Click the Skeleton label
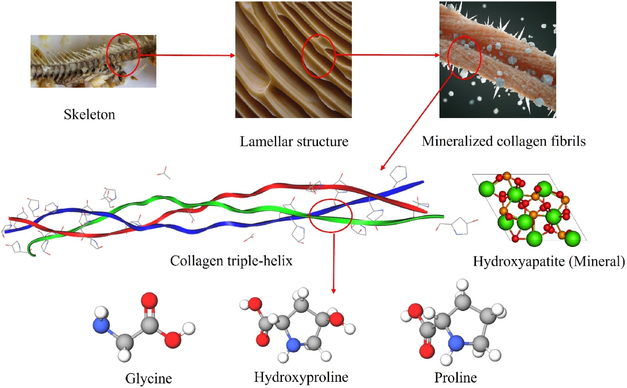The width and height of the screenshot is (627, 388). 89,114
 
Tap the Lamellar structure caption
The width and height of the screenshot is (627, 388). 294,141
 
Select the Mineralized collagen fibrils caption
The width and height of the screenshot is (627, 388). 504,141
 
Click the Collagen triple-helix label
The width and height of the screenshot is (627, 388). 231,261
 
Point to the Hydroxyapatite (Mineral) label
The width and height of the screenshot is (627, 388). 548,261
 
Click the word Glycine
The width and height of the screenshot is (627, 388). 148,378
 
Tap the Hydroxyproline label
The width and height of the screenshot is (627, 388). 301,377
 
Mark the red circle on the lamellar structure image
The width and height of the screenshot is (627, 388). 335,55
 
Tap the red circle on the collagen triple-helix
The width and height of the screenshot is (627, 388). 352,215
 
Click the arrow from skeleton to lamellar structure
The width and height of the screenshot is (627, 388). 187,55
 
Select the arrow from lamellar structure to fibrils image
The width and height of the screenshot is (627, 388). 387,55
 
